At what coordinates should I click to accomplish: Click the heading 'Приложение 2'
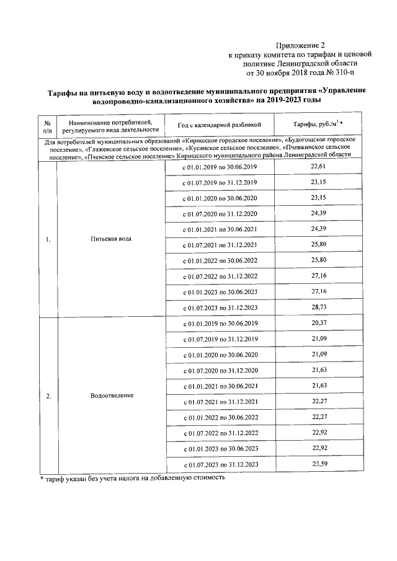pyautogui.click(x=300, y=45)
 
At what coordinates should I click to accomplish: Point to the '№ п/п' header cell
pyautogui.click(x=48, y=125)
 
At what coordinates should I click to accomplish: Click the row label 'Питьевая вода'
pyautogui.click(x=111, y=239)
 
